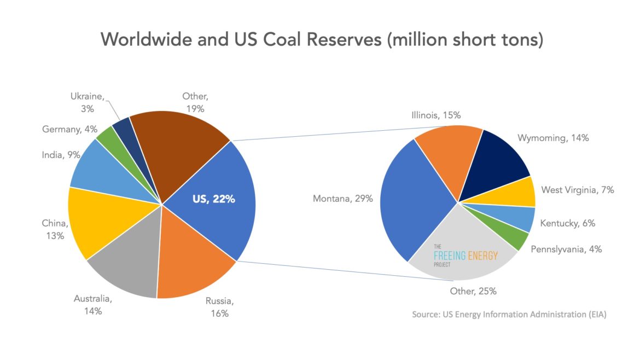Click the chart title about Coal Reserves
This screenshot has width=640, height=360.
322,39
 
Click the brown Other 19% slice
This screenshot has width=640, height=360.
175,142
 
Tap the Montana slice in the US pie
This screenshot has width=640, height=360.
416,197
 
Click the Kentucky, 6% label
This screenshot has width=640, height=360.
567,223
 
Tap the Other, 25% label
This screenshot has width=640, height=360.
473,291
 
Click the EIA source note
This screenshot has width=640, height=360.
509,315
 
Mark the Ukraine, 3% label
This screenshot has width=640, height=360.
87,102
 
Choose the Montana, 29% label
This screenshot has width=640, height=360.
342,199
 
